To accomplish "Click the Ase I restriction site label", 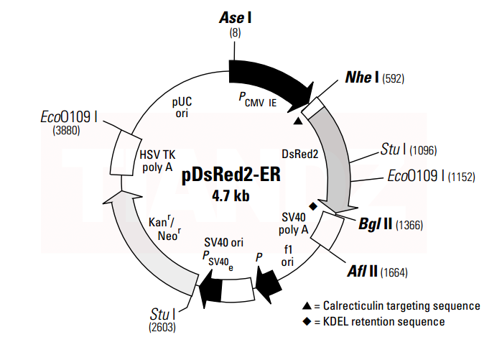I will (235, 17).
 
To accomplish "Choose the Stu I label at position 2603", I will (164, 314).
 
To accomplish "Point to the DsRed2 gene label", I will (300, 153).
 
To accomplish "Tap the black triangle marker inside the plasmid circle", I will (298, 121).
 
